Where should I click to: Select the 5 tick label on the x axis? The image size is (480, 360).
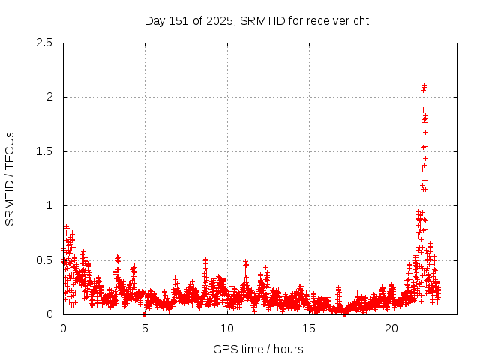145,328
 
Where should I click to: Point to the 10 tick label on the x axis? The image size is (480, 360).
227,328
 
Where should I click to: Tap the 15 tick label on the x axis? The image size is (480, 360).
309,328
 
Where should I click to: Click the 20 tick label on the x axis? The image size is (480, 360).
391,328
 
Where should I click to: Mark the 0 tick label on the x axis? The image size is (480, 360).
63,328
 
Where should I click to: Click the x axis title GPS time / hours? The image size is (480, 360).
258,349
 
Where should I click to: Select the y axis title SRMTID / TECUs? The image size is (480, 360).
10,178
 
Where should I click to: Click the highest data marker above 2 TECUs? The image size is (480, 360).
424,85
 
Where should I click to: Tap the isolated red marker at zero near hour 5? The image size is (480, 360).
145,314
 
